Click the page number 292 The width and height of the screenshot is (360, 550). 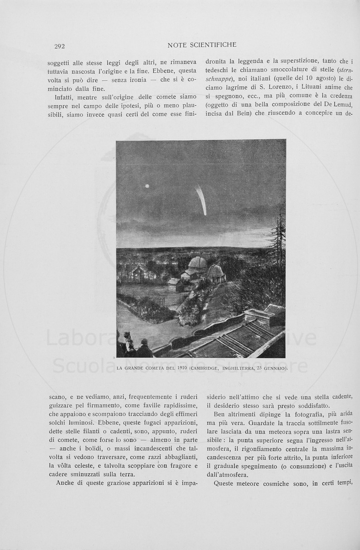click(60, 46)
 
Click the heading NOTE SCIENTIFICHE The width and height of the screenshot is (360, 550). click(202, 45)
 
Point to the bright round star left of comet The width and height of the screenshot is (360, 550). click(147, 186)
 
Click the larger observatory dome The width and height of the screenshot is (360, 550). click(198, 263)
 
